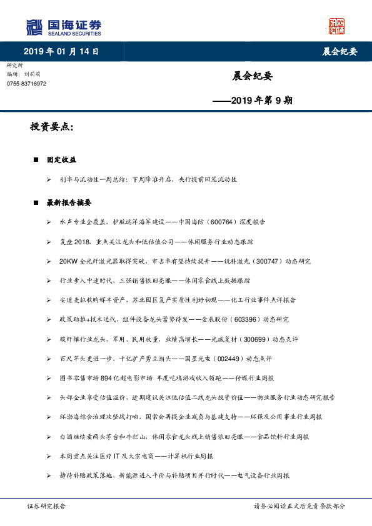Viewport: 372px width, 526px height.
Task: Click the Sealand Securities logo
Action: click(64, 27)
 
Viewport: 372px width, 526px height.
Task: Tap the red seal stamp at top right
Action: click(337, 26)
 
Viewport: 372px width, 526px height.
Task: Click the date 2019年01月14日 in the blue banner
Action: click(61, 51)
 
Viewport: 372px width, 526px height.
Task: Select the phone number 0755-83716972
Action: click(26, 83)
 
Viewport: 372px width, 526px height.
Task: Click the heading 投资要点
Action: click(51, 127)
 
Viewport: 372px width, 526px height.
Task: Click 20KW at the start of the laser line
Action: click(68, 261)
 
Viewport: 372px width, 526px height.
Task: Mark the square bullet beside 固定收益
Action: click(36, 160)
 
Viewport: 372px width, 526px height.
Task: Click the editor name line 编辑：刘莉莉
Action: click(23, 74)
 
